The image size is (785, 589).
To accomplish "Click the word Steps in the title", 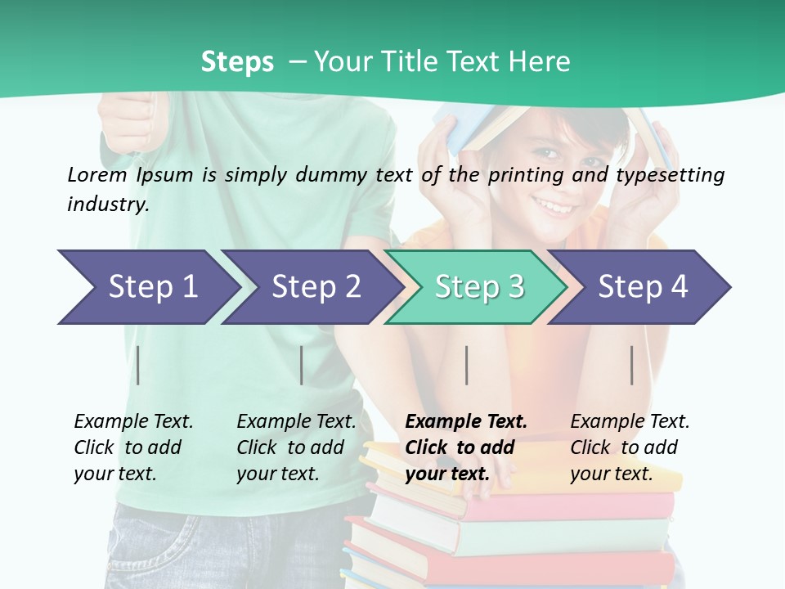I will [237, 62].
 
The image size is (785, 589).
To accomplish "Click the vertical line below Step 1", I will [138, 365].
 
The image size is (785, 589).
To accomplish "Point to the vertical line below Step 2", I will [302, 365].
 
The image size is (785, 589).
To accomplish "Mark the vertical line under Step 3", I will [466, 365].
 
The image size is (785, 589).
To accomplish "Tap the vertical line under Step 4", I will [631, 365].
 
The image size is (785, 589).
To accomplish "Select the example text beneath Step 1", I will [133, 447].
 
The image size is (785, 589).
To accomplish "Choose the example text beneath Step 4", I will [630, 447].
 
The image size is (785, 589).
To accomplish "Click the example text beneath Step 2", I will [296, 447].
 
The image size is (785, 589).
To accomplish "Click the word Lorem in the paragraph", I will [97, 174].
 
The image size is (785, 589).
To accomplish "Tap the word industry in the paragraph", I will [108, 205].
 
